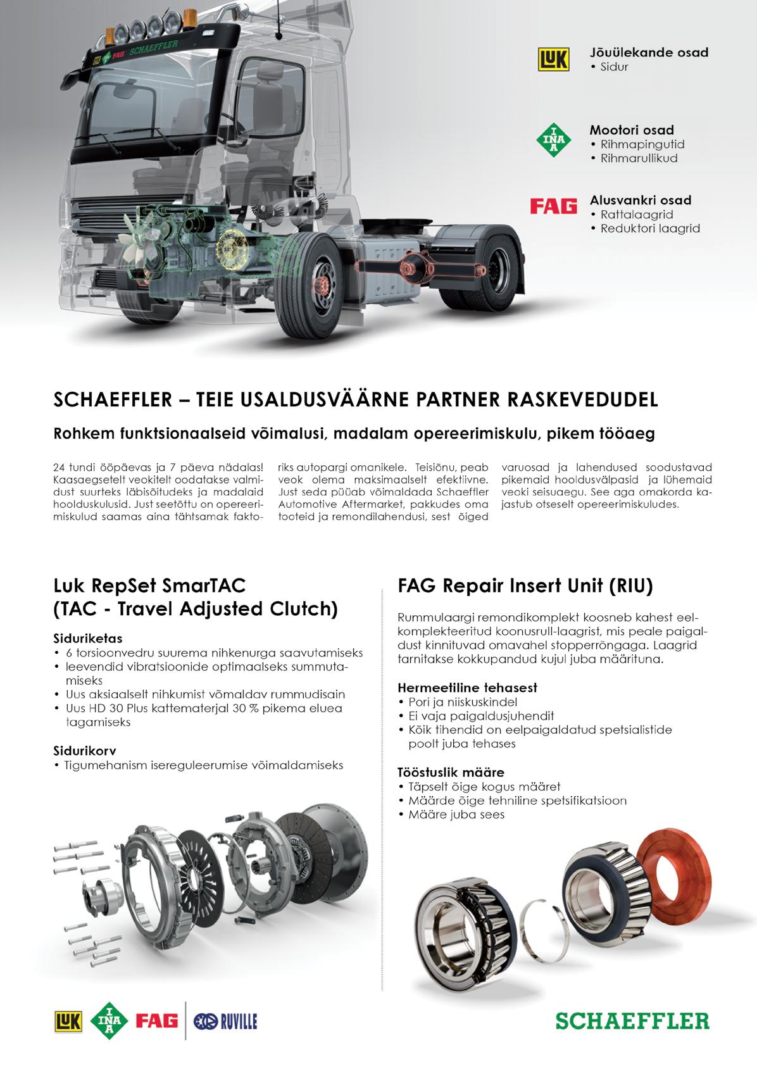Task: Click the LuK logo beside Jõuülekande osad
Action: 553,59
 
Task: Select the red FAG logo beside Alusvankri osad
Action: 553,207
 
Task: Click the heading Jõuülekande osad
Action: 649,52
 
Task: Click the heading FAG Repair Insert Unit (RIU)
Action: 525,585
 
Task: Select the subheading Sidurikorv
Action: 84,751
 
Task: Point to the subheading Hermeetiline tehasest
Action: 468,687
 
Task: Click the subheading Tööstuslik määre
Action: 451,772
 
